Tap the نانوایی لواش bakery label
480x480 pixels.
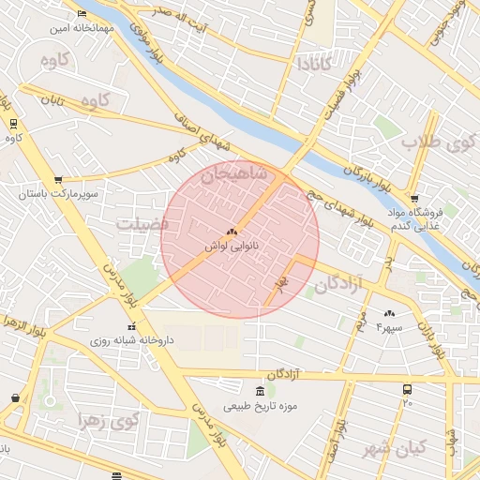pyautogui.click(x=230, y=247)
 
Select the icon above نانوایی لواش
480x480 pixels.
pyautogui.click(x=231, y=231)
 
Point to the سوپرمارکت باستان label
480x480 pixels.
pyautogui.click(x=58, y=194)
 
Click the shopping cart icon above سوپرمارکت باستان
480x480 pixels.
pyautogui.click(x=58, y=179)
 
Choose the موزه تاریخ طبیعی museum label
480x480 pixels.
pyautogui.click(x=260, y=406)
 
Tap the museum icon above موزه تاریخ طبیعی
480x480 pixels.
pyautogui.click(x=260, y=390)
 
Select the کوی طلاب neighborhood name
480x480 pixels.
pyautogui.click(x=434, y=143)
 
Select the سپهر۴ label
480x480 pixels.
pyautogui.click(x=388, y=327)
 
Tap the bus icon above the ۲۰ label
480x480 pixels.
pyautogui.click(x=407, y=388)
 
